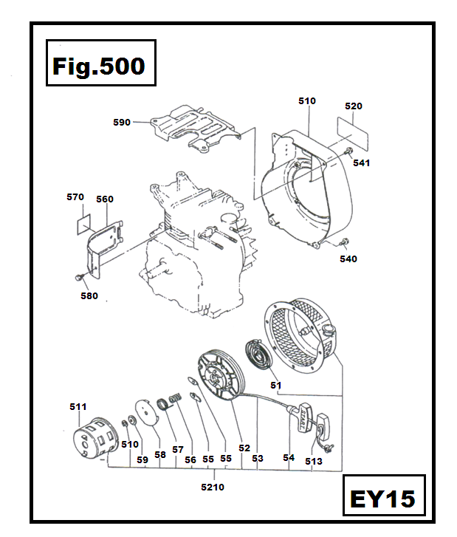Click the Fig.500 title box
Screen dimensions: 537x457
[100, 66]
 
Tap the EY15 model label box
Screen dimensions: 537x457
[383, 499]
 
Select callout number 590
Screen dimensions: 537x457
[122, 122]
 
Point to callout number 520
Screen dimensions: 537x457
[354, 106]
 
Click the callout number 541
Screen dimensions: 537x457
[361, 163]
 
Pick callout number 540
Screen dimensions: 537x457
[348, 259]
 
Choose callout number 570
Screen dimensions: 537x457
[75, 197]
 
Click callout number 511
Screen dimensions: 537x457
[78, 406]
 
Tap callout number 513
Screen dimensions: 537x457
[314, 462]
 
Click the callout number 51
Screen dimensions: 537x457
[275, 385]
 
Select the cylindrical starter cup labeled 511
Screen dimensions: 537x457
[95, 438]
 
